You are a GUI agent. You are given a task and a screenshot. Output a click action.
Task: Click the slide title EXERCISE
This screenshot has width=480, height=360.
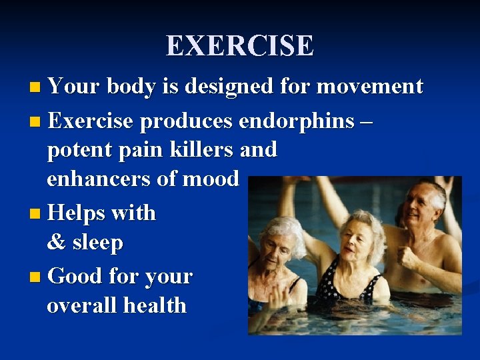click(x=240, y=46)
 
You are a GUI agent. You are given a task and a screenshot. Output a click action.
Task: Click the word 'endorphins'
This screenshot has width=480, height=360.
click(x=296, y=121)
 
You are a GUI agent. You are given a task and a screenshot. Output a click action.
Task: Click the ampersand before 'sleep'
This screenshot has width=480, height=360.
click(x=56, y=243)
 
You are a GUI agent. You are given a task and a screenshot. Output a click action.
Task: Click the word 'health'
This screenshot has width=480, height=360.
click(x=157, y=305)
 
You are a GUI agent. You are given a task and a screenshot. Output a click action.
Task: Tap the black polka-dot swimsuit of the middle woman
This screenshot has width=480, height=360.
click(x=340, y=287)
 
